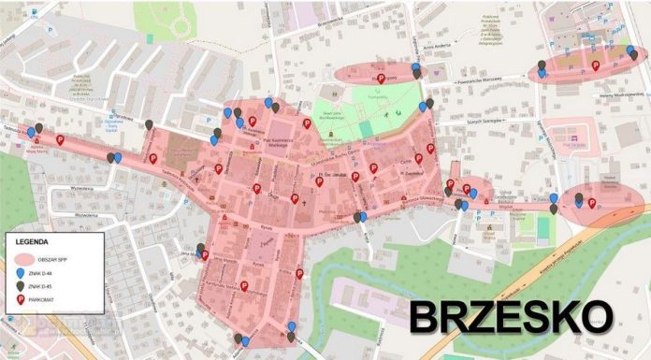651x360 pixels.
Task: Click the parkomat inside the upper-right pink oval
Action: click(x=596, y=65)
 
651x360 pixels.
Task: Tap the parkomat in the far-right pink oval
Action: click(x=591, y=203)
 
